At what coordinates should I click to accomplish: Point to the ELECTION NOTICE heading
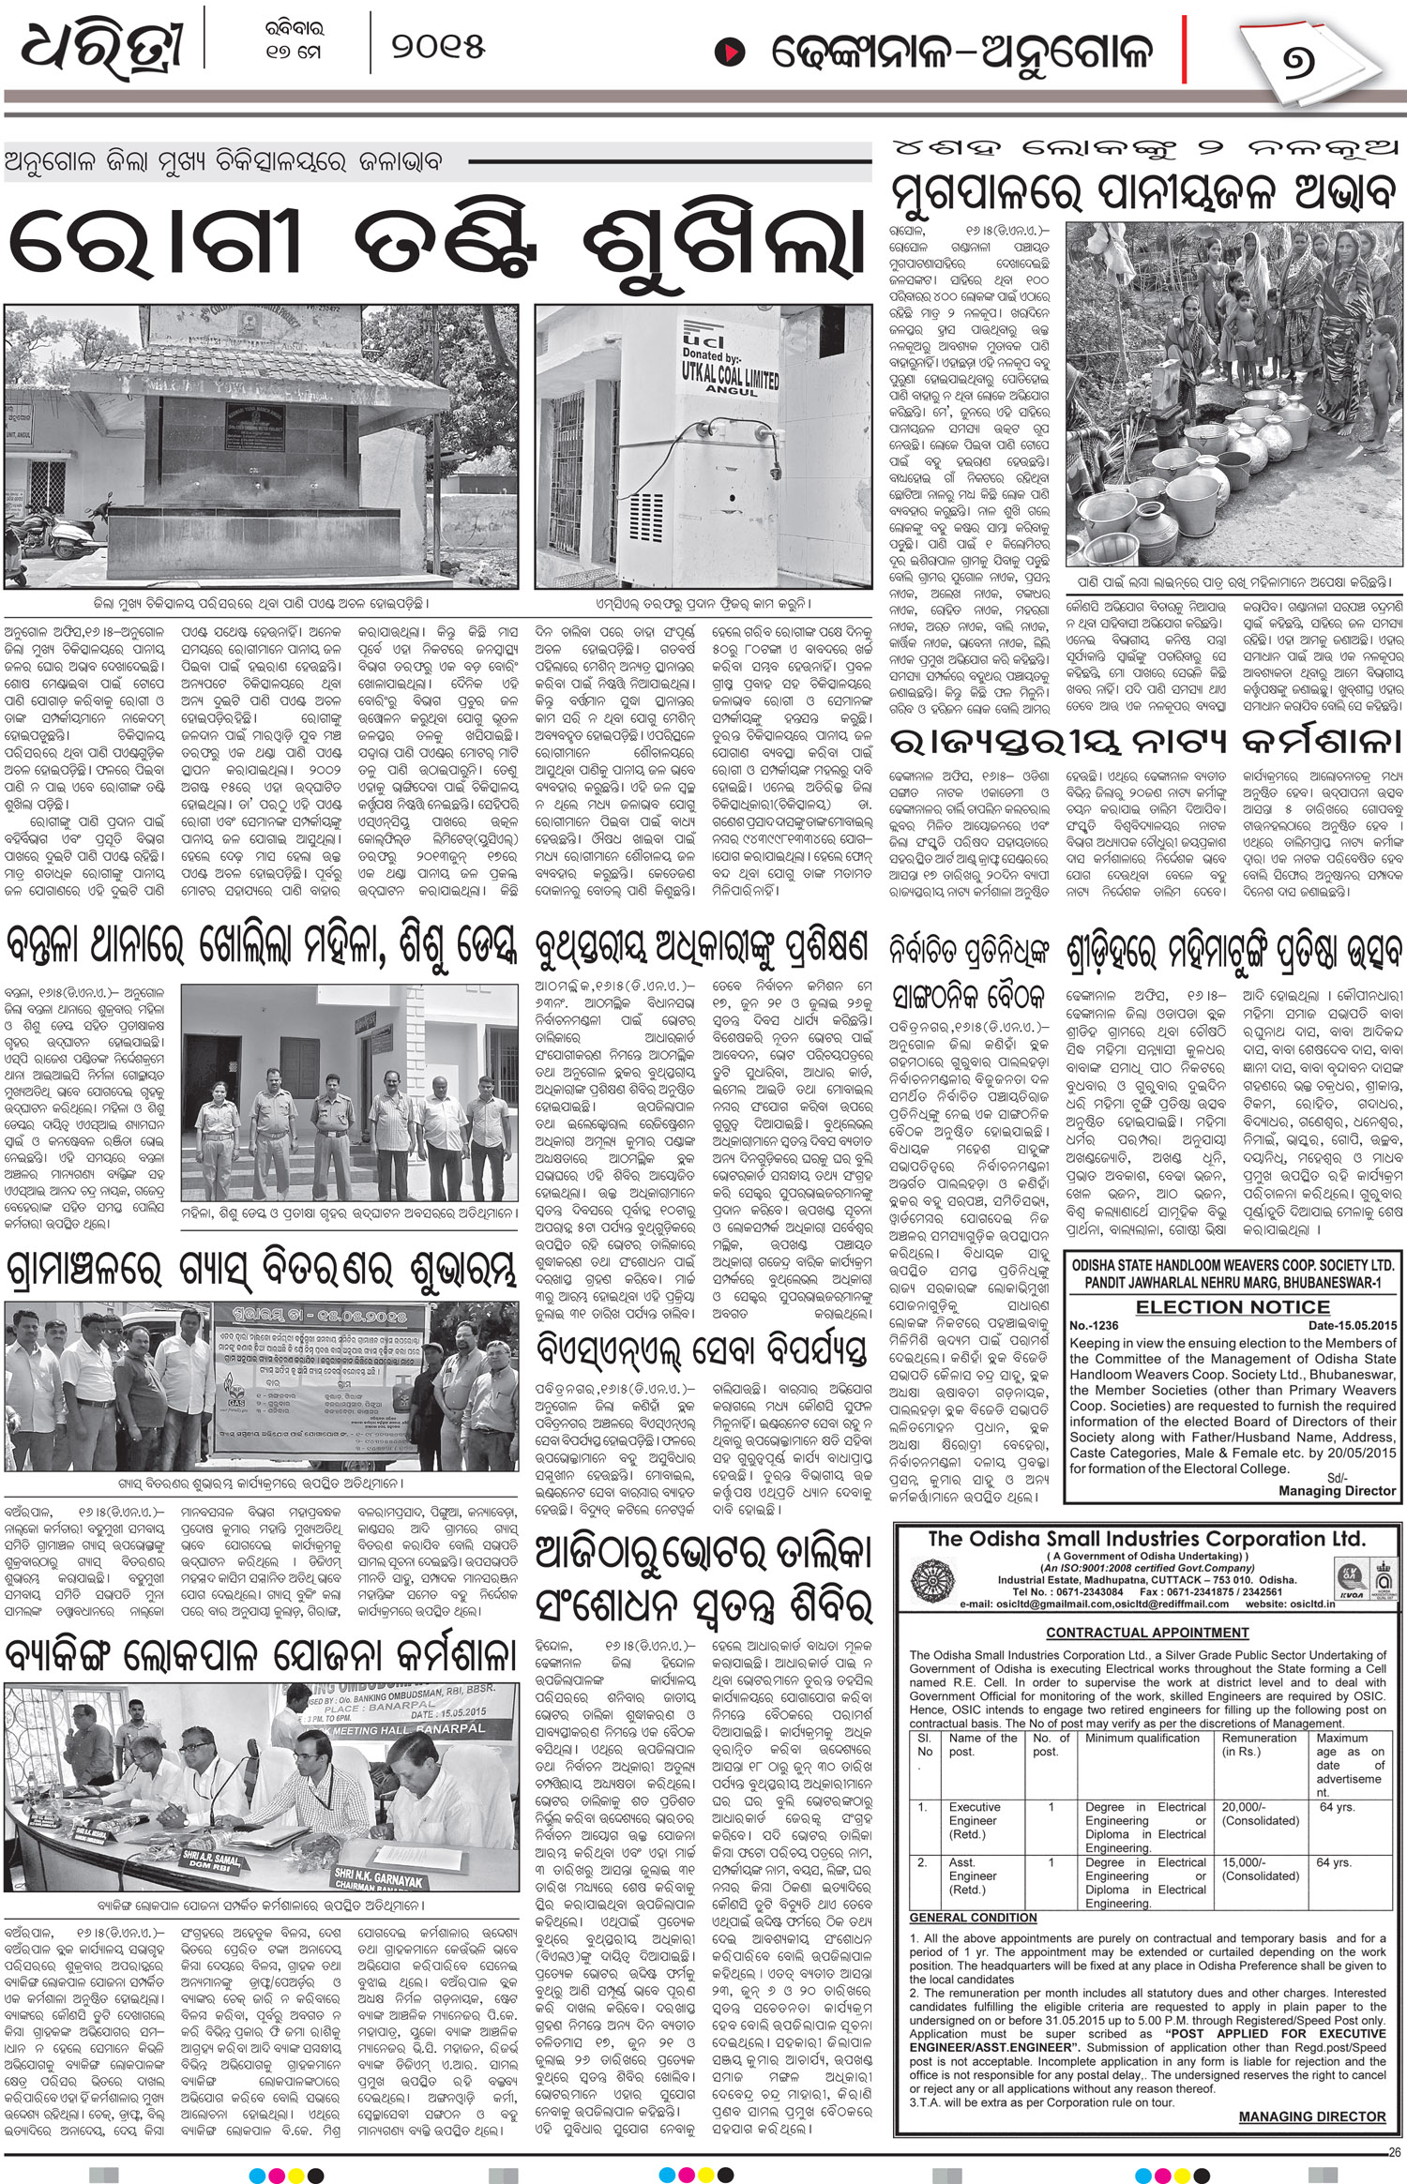[x=1233, y=1306]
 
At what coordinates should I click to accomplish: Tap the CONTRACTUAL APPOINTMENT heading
[x=1147, y=1659]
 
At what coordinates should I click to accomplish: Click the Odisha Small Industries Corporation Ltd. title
[x=1143, y=1539]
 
